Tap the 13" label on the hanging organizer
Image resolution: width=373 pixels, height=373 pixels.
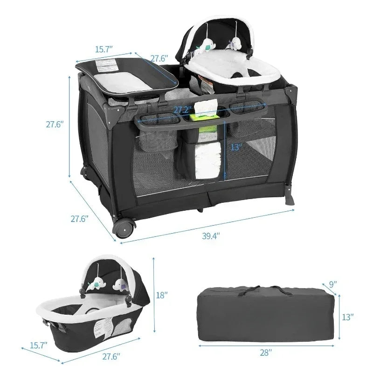(x=236, y=147)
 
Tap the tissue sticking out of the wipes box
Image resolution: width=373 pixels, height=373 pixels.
(x=205, y=106)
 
